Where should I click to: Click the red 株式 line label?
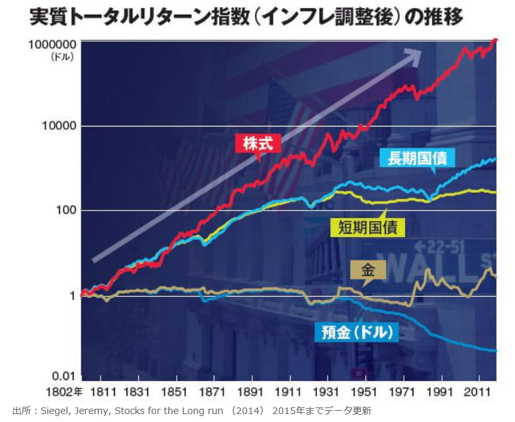(x=258, y=144)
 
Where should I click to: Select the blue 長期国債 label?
(x=417, y=158)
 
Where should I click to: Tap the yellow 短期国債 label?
(x=367, y=227)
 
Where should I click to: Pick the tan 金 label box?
(x=368, y=271)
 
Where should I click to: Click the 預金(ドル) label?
(x=357, y=333)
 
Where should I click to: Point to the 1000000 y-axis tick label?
(x=52, y=44)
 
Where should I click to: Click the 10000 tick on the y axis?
(x=59, y=126)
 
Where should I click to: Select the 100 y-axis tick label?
(x=66, y=210)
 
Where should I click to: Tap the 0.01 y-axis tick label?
(x=63, y=376)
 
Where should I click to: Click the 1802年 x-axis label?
(x=64, y=392)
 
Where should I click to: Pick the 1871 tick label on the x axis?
(x=212, y=392)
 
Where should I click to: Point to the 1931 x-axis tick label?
(x=326, y=392)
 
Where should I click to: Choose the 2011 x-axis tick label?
(x=477, y=392)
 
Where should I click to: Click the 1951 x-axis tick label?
(x=363, y=392)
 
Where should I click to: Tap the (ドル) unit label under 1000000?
(x=62, y=57)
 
